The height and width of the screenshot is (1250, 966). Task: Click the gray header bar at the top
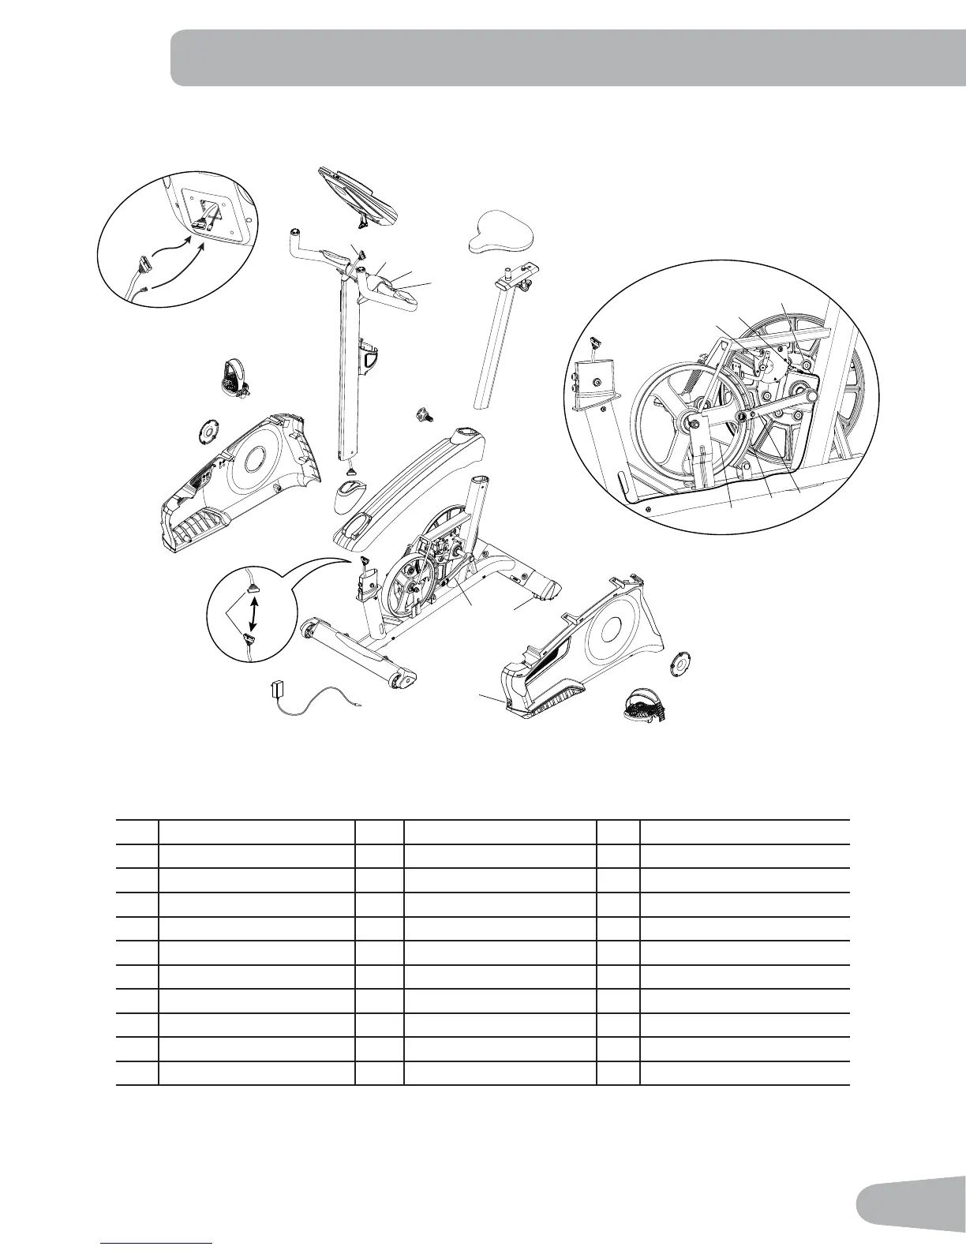pos(567,58)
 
